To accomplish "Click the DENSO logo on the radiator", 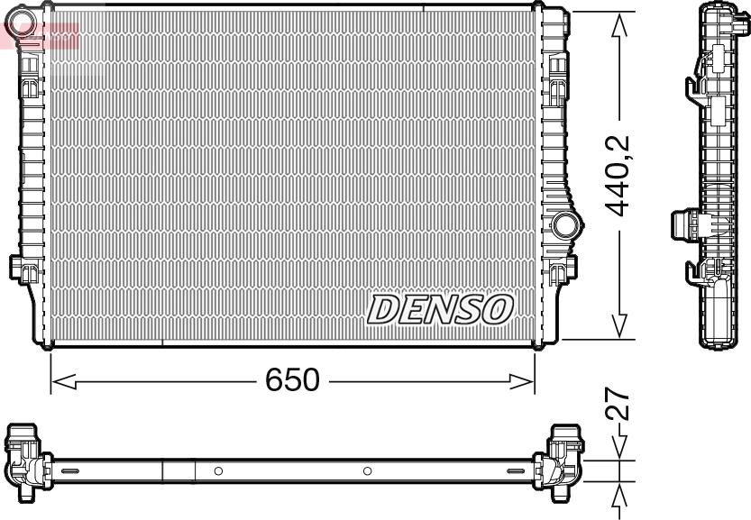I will pos(440,310).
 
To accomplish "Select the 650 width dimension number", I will pos(292,380).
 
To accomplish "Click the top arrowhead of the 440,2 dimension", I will pos(619,27).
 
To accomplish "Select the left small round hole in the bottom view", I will pos(218,470).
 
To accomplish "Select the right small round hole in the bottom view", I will pos(367,470).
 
